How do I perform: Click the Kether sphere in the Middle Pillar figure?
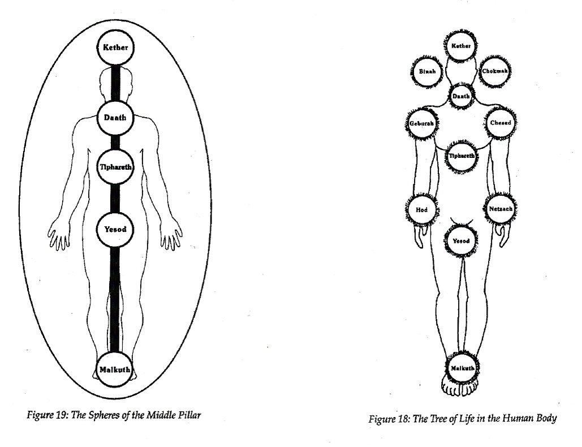pyautogui.click(x=115, y=48)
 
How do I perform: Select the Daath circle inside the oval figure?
pyautogui.click(x=115, y=118)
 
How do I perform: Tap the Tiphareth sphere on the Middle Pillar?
pyautogui.click(x=115, y=167)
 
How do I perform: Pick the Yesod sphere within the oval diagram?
pyautogui.click(x=115, y=229)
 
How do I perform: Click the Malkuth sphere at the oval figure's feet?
pyautogui.click(x=115, y=369)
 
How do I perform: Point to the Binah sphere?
pyautogui.click(x=427, y=72)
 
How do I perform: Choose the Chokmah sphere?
pyautogui.click(x=495, y=71)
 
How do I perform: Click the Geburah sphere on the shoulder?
pyautogui.click(x=421, y=123)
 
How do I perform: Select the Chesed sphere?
pyautogui.click(x=501, y=123)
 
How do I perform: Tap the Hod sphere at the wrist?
pyautogui.click(x=421, y=210)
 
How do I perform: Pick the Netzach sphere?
pyautogui.click(x=501, y=209)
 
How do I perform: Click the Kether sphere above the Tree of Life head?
pyautogui.click(x=460, y=46)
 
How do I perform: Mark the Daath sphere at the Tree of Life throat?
pyautogui.click(x=460, y=96)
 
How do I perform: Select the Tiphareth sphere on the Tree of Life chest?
pyautogui.click(x=462, y=156)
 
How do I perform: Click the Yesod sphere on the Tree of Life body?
pyautogui.click(x=461, y=241)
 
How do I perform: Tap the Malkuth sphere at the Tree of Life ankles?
pyautogui.click(x=462, y=368)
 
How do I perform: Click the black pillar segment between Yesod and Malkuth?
pyautogui.click(x=115, y=299)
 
